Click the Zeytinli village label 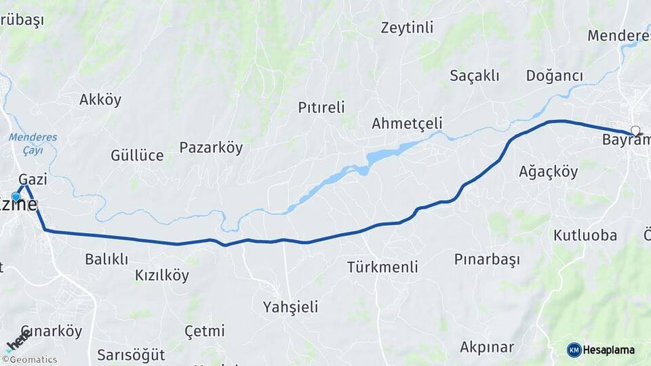pos(407,28)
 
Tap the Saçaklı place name pos(475,76)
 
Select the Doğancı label pos(555,76)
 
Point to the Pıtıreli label pos(321,107)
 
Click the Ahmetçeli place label pos(407,123)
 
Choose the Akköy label pos(100,100)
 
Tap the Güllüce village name pos(137,156)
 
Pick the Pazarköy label pos(211,148)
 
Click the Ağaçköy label pos(548,171)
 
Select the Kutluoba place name pos(585,236)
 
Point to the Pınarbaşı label pos(487,260)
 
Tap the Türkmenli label pos(382,267)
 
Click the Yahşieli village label pos(290,308)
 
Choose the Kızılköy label pos(162,276)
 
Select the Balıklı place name pos(106,259)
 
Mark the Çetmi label pos(204,331)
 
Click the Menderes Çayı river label pos(33,143)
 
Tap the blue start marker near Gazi pos(16,197)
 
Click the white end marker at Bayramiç pos(635,130)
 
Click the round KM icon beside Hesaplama pos(574,350)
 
